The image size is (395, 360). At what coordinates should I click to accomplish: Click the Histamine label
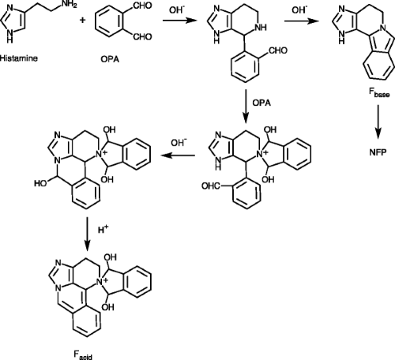pos(19,58)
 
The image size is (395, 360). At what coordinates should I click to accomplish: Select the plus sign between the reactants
pos(83,20)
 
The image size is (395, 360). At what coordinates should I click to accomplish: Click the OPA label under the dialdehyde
pos(110,59)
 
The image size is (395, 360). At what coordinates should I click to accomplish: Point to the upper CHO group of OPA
pos(142,6)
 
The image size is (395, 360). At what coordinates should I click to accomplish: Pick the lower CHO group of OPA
pos(142,36)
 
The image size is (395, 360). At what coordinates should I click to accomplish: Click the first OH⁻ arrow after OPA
pos(180,20)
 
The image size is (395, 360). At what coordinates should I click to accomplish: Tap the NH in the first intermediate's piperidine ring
pos(261,27)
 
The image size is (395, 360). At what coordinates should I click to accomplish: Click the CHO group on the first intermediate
pos(277,51)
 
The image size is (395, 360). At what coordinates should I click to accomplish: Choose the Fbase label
pos(378,93)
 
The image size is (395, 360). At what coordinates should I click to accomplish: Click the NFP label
pos(378,152)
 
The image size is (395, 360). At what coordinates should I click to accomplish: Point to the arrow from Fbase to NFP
pos(378,122)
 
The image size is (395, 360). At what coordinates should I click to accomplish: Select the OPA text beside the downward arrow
pos(261,103)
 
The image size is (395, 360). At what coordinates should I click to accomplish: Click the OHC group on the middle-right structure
pos(211,186)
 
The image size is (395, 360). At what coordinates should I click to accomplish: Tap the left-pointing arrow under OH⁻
pos(178,156)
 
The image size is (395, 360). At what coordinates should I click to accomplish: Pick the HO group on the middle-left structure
pos(40,183)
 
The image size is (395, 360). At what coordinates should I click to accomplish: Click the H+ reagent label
pos(103,229)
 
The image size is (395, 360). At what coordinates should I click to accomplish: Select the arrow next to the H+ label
pos(87,234)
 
